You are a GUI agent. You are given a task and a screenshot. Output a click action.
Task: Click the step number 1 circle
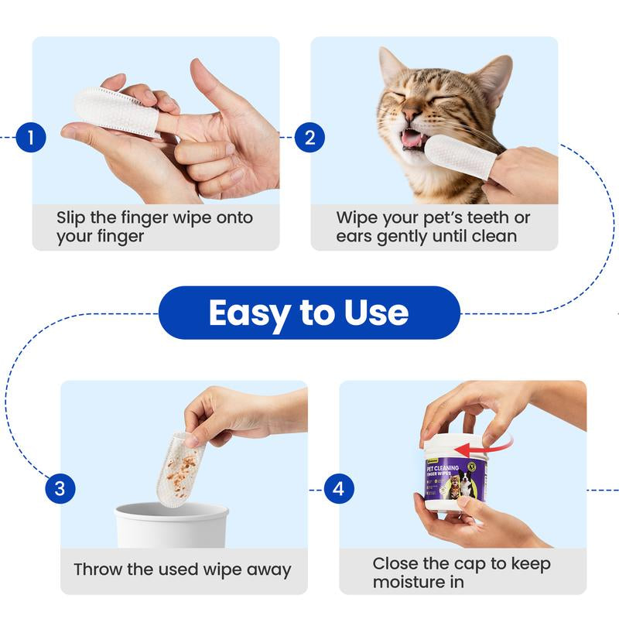pyautogui.click(x=31, y=139)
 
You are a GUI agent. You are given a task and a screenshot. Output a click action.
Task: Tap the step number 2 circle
pyautogui.click(x=309, y=139)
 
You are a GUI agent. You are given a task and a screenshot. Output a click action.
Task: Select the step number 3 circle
pyautogui.click(x=60, y=488)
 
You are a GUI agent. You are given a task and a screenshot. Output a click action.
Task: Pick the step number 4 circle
pyautogui.click(x=338, y=489)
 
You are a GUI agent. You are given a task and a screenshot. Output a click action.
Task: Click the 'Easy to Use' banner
pyautogui.click(x=309, y=313)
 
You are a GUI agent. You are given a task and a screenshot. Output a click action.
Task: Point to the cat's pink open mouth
pyautogui.click(x=413, y=139)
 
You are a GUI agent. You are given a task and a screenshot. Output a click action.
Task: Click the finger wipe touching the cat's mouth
pyautogui.click(x=457, y=155)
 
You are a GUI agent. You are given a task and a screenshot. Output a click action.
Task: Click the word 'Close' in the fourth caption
pyautogui.click(x=398, y=563)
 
